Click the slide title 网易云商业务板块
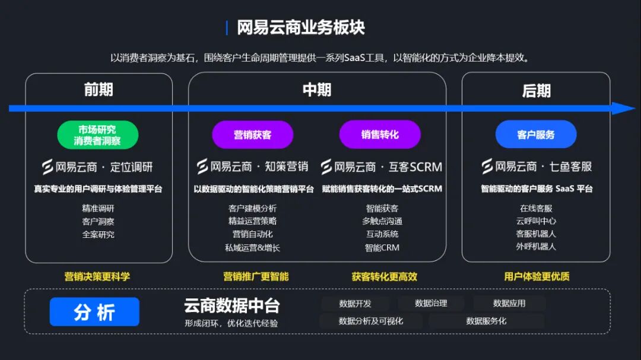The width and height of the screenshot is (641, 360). point(300,27)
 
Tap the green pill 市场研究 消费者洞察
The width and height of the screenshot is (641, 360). point(97,135)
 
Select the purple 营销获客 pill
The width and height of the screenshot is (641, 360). point(253,135)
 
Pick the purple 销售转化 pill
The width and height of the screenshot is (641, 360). point(380,135)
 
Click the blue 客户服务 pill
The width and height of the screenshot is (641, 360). point(536,135)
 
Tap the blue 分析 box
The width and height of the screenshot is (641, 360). point(94,312)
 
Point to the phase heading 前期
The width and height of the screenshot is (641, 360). point(99,90)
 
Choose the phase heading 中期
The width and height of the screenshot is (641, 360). point(317,90)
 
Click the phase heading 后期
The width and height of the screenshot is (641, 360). point(536,91)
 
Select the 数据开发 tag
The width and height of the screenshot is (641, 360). point(356,304)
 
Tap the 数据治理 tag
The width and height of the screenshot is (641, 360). point(431,304)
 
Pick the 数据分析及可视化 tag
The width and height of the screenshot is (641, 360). point(371,321)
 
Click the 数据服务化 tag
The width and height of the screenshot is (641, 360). point(487,321)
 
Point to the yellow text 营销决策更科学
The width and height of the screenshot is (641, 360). point(97,276)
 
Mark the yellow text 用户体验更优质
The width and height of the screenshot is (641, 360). point(537,276)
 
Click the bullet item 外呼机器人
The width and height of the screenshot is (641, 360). point(536,246)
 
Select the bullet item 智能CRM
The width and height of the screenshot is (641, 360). point(382,247)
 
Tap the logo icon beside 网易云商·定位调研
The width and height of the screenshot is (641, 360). point(47,167)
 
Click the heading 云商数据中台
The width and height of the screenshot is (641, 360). point(231,306)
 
